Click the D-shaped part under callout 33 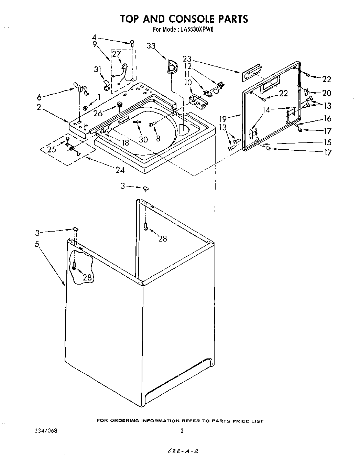pyautogui.click(x=171, y=66)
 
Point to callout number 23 pyautogui.click(x=187, y=59)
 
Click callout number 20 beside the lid pyautogui.click(x=326, y=93)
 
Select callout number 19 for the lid pyautogui.click(x=223, y=119)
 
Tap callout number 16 pyautogui.click(x=327, y=118)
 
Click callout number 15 pyautogui.click(x=327, y=142)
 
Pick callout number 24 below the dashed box pyautogui.click(x=120, y=170)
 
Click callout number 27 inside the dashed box pyautogui.click(x=117, y=54)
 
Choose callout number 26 pyautogui.click(x=98, y=113)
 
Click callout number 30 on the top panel pyautogui.click(x=143, y=139)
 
